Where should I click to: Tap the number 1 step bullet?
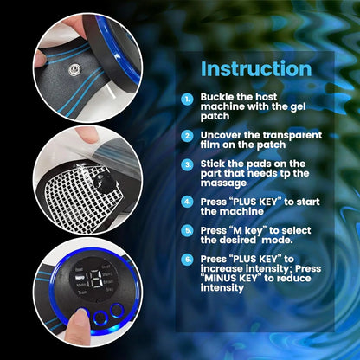(x=188, y=100)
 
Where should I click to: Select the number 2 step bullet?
(x=188, y=136)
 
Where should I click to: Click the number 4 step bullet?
(x=188, y=202)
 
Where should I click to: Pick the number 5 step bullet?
(x=188, y=231)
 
